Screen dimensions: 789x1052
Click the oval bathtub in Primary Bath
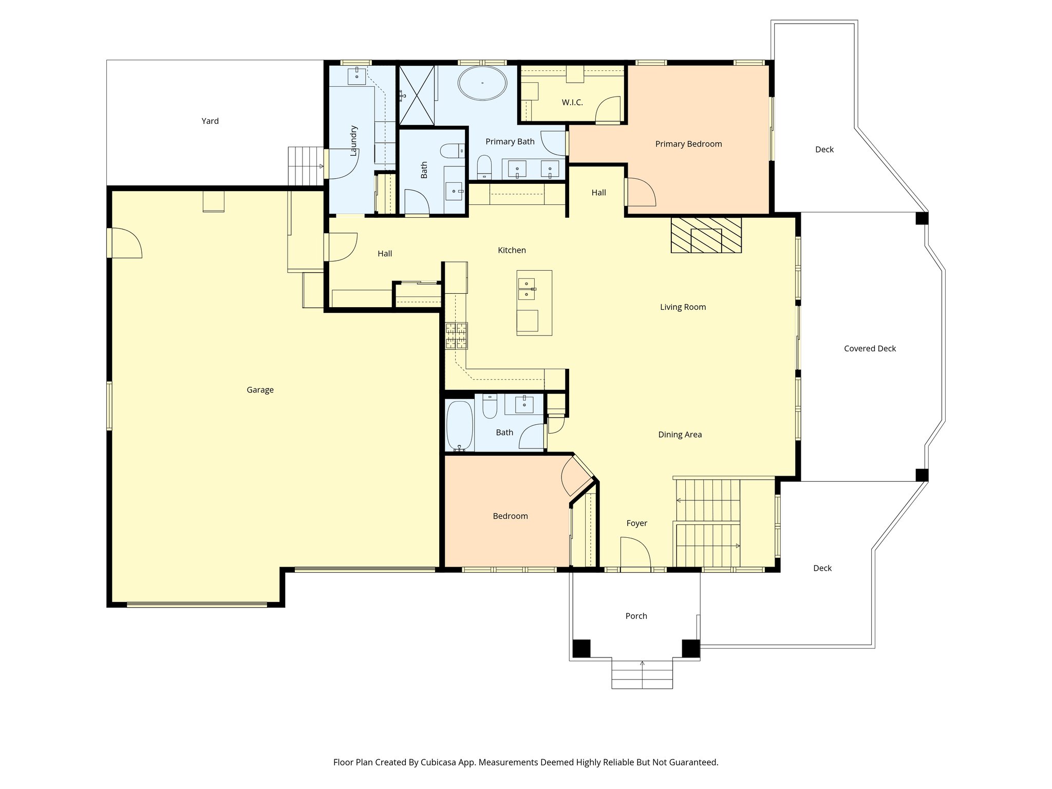482,83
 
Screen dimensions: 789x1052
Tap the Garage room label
260,390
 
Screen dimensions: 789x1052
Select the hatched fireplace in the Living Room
706,235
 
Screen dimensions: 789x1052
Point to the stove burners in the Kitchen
456,336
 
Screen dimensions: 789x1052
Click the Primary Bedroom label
688,144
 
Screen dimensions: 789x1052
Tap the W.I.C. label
572,102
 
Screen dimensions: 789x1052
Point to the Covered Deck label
870,348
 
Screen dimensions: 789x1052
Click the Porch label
636,616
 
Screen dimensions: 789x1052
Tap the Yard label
210,121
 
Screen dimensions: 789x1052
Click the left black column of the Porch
581,648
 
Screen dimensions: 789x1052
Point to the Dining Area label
680,435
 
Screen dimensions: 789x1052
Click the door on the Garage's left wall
125,243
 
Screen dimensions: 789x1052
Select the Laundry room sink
357,76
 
